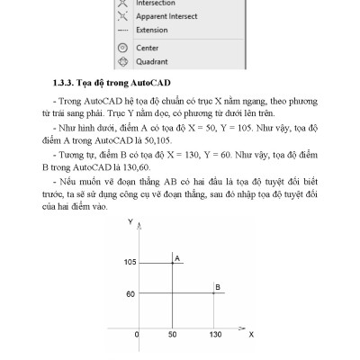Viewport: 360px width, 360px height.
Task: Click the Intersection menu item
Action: pos(155,3)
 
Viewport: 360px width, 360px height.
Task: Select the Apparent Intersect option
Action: pos(167,16)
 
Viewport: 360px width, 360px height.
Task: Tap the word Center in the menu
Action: pos(147,46)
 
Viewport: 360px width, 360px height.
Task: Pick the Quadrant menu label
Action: pos(151,61)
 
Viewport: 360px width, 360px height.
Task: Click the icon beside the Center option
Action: pos(122,46)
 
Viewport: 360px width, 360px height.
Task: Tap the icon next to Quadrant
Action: pos(122,61)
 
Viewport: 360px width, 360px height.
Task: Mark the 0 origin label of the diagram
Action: pos(137,334)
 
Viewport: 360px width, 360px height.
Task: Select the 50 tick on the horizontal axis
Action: pos(172,334)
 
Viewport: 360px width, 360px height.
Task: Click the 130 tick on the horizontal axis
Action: pos(214,334)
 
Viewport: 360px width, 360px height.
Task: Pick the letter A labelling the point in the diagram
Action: pos(177,257)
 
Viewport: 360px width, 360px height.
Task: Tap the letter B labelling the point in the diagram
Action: pos(217,288)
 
